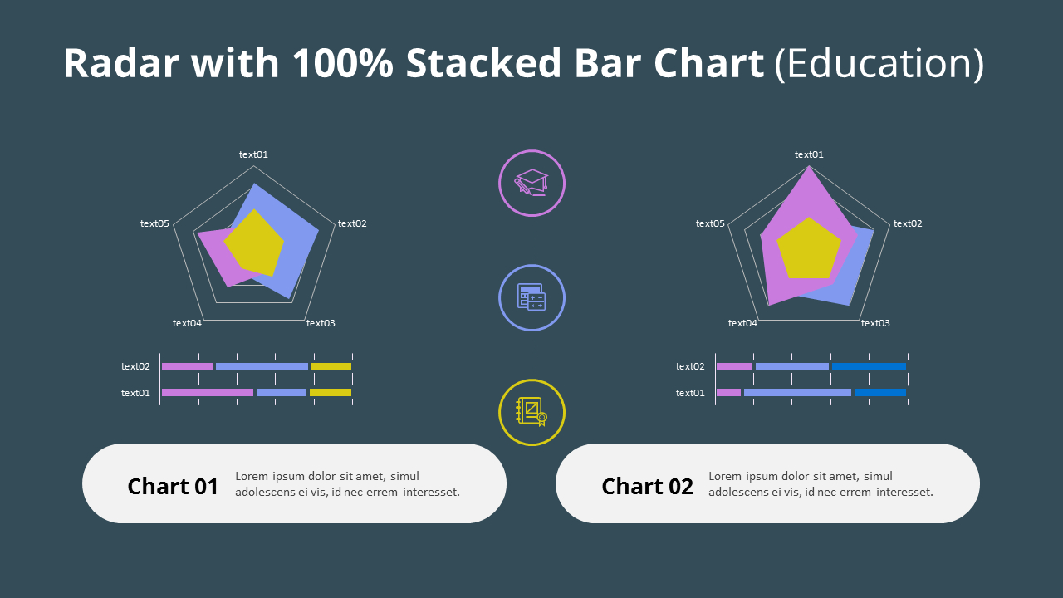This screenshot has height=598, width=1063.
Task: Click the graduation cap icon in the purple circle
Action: (x=531, y=183)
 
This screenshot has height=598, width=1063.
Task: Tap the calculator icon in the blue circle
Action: (x=531, y=297)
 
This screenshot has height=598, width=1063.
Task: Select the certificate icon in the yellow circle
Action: (x=531, y=412)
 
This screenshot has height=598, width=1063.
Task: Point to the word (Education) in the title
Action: (x=879, y=64)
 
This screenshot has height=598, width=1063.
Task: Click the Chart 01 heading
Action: (x=173, y=486)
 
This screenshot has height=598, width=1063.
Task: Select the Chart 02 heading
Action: (x=647, y=486)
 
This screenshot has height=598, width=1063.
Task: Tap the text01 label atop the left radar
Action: (x=253, y=154)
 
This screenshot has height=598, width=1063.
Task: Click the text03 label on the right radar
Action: (x=875, y=323)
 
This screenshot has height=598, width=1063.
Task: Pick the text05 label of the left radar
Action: (x=154, y=223)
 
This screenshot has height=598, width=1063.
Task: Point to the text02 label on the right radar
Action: (x=908, y=223)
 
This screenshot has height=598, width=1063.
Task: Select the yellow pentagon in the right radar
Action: (x=808, y=249)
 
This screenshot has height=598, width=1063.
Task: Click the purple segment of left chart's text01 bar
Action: (x=207, y=393)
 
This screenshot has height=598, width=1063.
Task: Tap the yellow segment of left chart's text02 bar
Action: (x=331, y=366)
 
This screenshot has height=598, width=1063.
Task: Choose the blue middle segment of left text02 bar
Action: (x=262, y=366)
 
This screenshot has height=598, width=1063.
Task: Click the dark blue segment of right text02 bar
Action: (x=869, y=366)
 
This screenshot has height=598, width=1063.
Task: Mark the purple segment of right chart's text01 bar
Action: (x=728, y=393)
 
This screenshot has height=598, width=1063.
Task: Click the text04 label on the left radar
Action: (x=187, y=323)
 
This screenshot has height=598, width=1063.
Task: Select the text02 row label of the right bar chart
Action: (x=690, y=366)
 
